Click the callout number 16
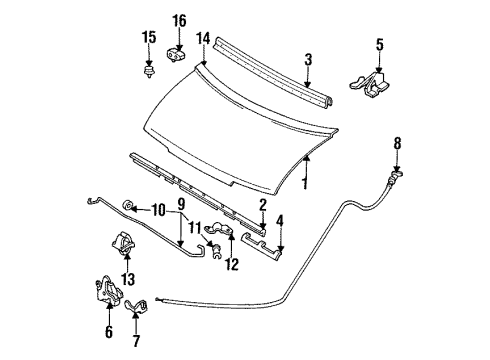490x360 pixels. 179,21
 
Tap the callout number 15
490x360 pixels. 149,37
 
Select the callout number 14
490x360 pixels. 203,38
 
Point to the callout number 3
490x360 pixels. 308,59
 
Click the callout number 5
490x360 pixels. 380,45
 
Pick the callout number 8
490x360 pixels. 397,143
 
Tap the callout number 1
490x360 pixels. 304,183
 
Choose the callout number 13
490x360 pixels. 128,279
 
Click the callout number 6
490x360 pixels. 109,331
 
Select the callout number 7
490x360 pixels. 136,340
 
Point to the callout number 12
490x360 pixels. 232,264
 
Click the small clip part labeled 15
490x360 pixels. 149,72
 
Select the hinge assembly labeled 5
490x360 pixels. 369,86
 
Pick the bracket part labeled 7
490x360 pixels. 136,306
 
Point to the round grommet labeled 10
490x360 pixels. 129,205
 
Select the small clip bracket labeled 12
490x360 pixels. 219,228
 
